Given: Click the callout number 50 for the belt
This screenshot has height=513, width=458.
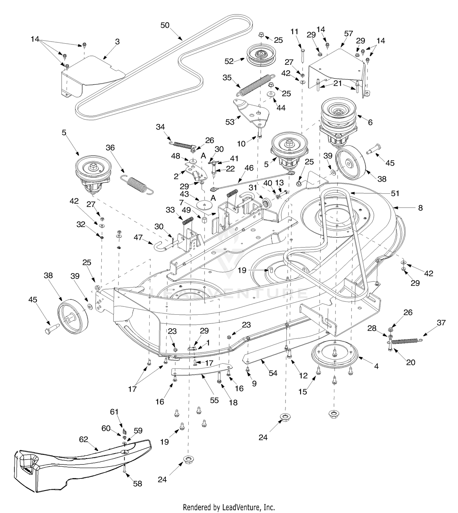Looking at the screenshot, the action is pos(165,25).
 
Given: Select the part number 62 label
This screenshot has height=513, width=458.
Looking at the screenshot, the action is pos(83,439).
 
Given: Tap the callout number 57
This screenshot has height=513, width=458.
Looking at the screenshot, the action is pos(348,34).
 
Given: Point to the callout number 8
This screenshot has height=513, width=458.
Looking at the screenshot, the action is pos(420,208).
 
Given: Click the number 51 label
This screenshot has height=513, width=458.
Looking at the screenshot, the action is pos(395,193).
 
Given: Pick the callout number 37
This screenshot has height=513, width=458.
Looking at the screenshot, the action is pos(441,322).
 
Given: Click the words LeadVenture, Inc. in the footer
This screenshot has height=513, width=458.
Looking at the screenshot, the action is pos(248,508).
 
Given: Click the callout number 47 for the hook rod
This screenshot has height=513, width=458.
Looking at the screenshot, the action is pos(138,237).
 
